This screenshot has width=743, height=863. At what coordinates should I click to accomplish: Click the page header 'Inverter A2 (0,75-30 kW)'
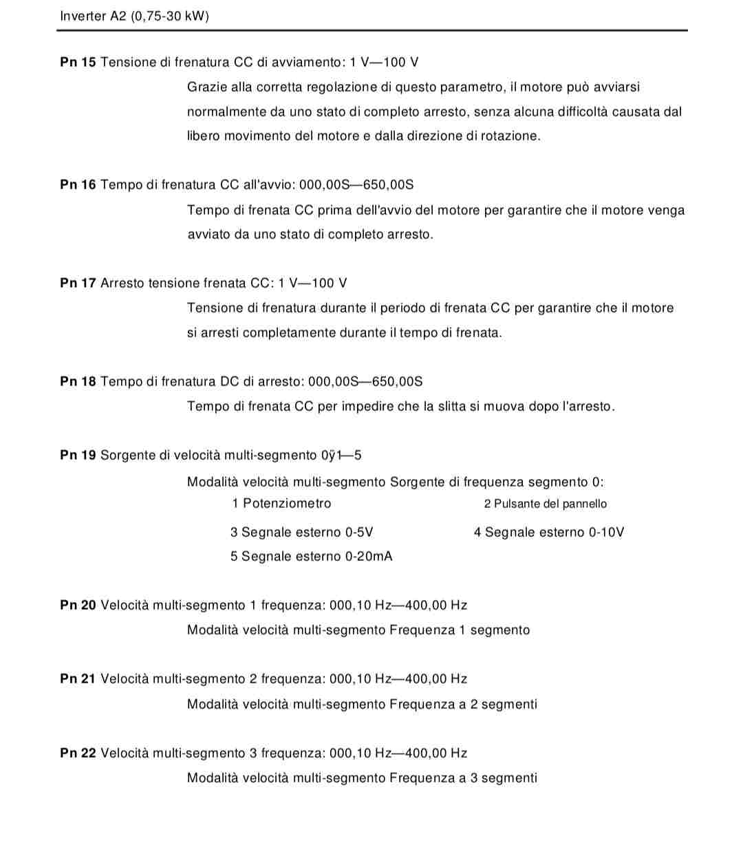tap(134, 16)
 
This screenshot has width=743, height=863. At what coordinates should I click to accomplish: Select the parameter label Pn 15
tap(78, 63)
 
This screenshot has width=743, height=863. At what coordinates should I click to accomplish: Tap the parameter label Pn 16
tap(78, 185)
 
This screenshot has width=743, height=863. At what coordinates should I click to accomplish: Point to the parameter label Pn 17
tap(78, 284)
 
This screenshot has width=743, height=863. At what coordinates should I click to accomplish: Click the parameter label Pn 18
tap(78, 382)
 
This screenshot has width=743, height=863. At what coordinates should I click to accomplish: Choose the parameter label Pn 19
tap(78, 456)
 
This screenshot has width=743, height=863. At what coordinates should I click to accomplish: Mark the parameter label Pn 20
tap(78, 606)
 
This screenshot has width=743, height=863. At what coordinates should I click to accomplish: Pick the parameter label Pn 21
tap(78, 679)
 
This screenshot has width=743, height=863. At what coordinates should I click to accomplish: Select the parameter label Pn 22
tap(78, 754)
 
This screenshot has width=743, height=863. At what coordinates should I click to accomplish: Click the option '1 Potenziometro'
tap(281, 504)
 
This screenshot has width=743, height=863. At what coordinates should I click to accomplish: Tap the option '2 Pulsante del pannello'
tap(545, 504)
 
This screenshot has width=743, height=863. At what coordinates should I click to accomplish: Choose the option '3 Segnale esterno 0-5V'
tap(301, 533)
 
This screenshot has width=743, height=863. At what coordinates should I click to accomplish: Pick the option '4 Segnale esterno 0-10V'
tap(548, 533)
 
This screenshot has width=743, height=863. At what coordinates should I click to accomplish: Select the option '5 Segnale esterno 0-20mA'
tap(311, 557)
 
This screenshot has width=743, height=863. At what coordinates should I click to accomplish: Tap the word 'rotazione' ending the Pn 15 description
tap(509, 136)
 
